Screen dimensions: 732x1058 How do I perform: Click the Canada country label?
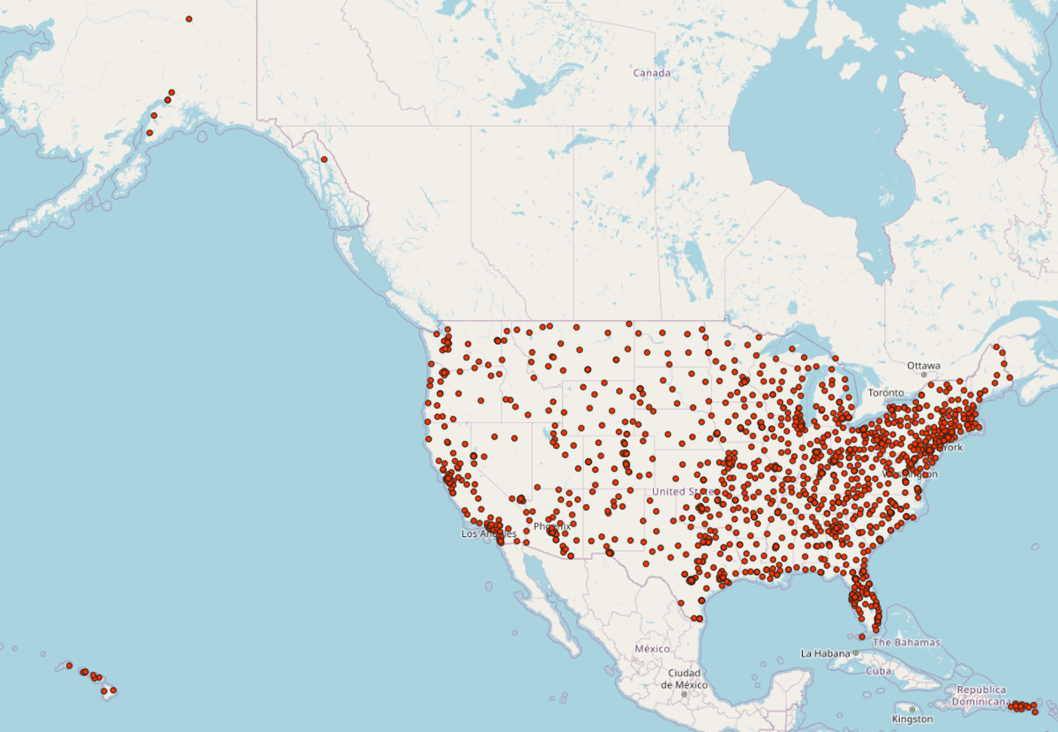(x=651, y=72)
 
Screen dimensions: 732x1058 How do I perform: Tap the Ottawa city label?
(x=923, y=365)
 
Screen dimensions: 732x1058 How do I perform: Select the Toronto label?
(x=886, y=393)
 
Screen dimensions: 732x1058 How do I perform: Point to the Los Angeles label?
(x=488, y=534)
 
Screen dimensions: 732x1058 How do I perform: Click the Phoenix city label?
(x=551, y=526)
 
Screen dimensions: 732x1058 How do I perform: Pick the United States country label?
(x=683, y=492)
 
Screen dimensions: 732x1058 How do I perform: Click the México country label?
(x=652, y=648)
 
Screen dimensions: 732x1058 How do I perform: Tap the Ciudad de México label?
(x=684, y=679)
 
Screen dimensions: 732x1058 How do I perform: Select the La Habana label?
(x=825, y=654)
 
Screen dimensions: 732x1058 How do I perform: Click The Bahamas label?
(x=906, y=643)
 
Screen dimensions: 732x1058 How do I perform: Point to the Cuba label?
(x=878, y=671)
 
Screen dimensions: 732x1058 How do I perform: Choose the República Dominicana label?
(x=981, y=695)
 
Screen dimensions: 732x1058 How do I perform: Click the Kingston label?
(x=912, y=719)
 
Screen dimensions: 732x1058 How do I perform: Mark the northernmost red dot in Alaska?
(x=189, y=19)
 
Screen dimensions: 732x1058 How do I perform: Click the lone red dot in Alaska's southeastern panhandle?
(x=324, y=160)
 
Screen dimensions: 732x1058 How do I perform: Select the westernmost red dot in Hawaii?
(x=70, y=665)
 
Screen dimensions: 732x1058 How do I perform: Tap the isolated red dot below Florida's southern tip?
(x=862, y=637)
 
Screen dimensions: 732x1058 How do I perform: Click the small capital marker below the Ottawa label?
(x=923, y=375)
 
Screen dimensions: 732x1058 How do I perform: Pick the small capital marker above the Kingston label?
(x=912, y=709)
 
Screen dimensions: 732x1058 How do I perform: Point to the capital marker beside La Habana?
(x=855, y=654)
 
